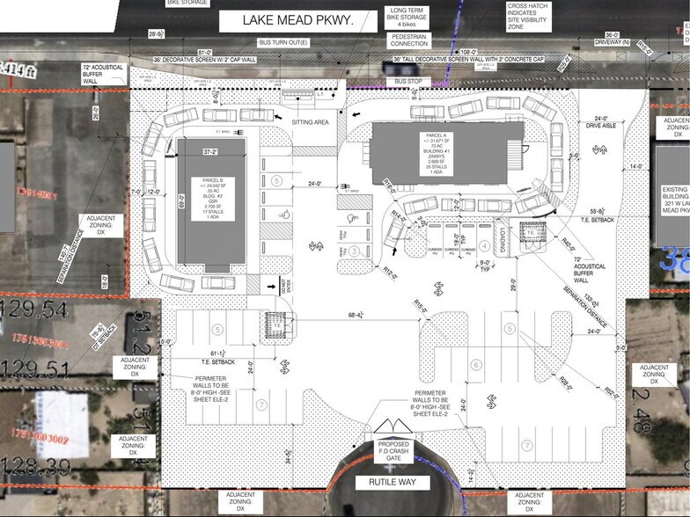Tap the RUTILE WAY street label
[x=392, y=483]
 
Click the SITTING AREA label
[x=311, y=122]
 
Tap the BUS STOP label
[x=407, y=81]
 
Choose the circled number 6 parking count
[x=477, y=365]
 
